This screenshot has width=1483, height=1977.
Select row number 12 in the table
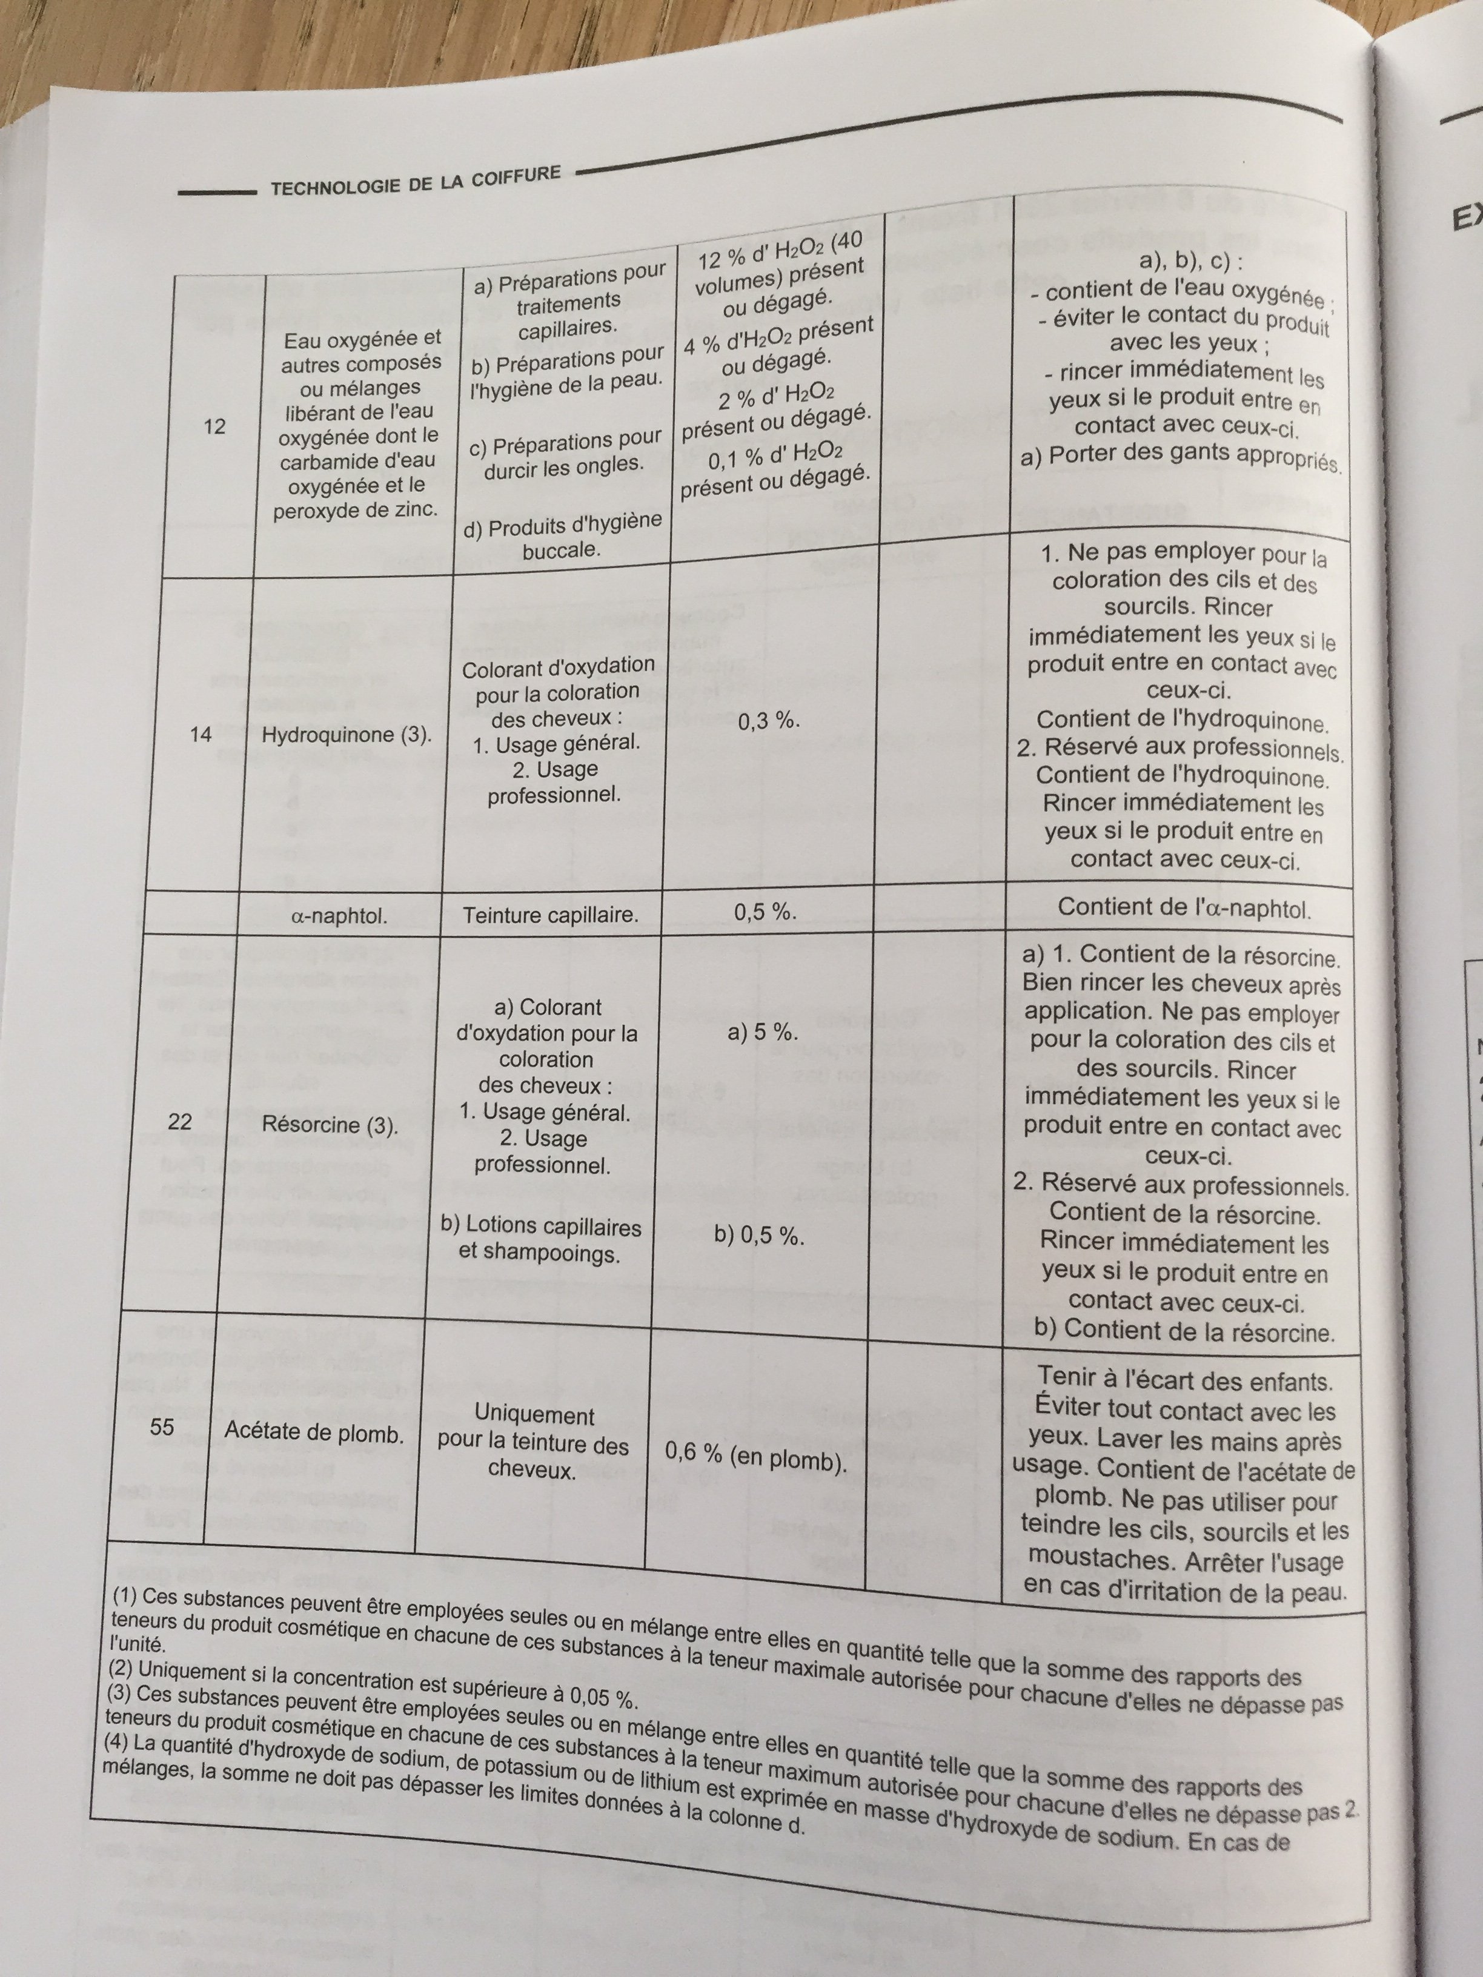coord(214,426)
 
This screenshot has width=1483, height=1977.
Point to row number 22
coord(180,1122)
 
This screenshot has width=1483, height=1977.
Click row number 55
coord(162,1426)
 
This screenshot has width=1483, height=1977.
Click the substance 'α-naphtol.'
coord(340,916)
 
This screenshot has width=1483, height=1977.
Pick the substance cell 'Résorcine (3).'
coord(330,1124)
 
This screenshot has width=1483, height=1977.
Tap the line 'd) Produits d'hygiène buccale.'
coord(562,535)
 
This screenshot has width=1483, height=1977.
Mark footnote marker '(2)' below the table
coord(122,1669)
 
